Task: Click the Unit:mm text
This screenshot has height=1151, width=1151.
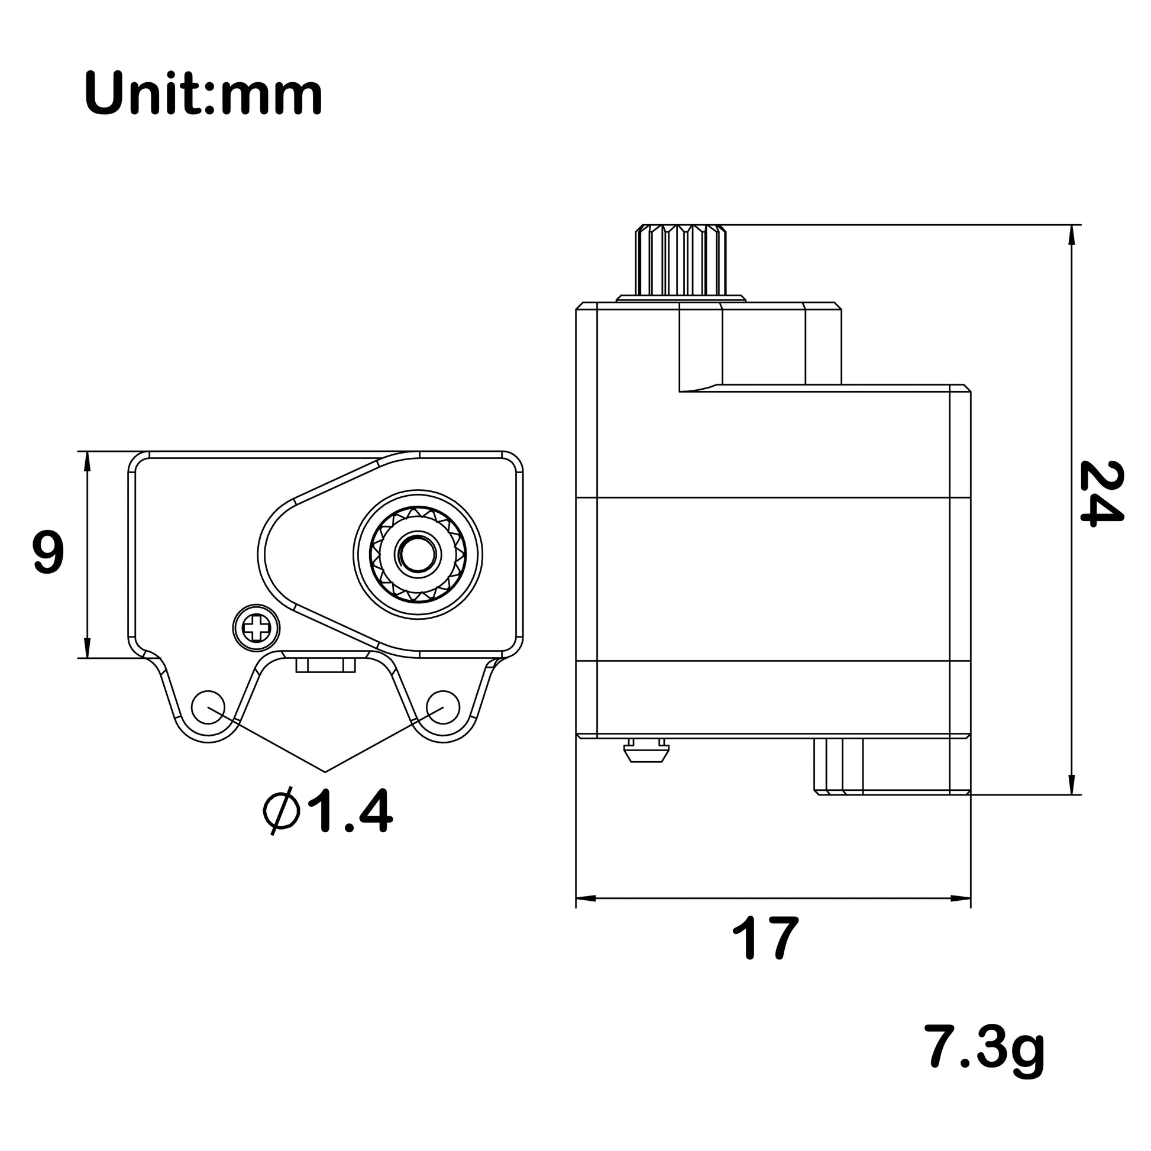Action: pyautogui.click(x=203, y=93)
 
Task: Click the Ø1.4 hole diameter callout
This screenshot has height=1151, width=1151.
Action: pyautogui.click(x=327, y=811)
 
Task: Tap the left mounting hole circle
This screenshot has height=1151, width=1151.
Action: pyautogui.click(x=208, y=707)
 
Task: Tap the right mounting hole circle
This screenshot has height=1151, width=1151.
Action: pyautogui.click(x=443, y=707)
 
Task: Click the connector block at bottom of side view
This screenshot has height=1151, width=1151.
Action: pyautogui.click(x=838, y=766)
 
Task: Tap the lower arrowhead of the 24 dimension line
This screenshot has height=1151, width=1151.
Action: pyautogui.click(x=1072, y=786)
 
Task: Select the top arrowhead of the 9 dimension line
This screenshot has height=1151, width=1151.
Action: pyautogui.click(x=88, y=461)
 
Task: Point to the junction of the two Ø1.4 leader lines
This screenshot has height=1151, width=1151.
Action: pyautogui.click(x=325, y=772)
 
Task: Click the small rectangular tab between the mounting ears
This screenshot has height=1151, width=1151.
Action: pyautogui.click(x=325, y=665)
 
